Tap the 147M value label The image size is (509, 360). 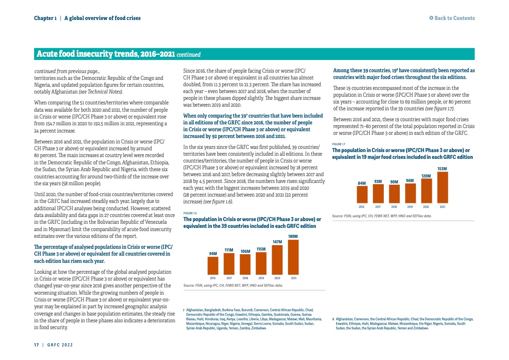pyautogui.click(x=277, y=242)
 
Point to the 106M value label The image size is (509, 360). pyautogui.click(x=245, y=251)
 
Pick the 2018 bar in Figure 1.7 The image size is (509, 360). pyautogui.click(x=394, y=194)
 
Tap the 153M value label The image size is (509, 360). pyautogui.click(x=442, y=168)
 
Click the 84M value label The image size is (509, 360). pyautogui.click(x=362, y=183)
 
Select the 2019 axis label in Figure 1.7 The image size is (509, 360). pyautogui.click(x=410, y=207)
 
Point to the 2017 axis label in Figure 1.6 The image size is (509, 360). pyautogui.click(x=229, y=277)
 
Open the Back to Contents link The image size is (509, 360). pyautogui.click(x=452, y=18)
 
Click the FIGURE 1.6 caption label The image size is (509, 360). pyautogui.click(x=190, y=213)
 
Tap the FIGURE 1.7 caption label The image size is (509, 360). pyautogui.click(x=338, y=144)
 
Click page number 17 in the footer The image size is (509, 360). pyautogui.click(x=36, y=345)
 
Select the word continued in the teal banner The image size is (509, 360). pyautogui.click(x=188, y=55)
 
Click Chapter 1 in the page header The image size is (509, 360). pyautogui.click(x=45, y=18)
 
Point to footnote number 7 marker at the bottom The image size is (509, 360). pyautogui.click(x=184, y=309)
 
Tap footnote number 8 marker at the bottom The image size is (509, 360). pyautogui.click(x=333, y=319)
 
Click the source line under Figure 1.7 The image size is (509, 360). pyautogui.click(x=382, y=216)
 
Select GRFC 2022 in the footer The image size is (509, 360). pyautogui.click(x=60, y=345)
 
